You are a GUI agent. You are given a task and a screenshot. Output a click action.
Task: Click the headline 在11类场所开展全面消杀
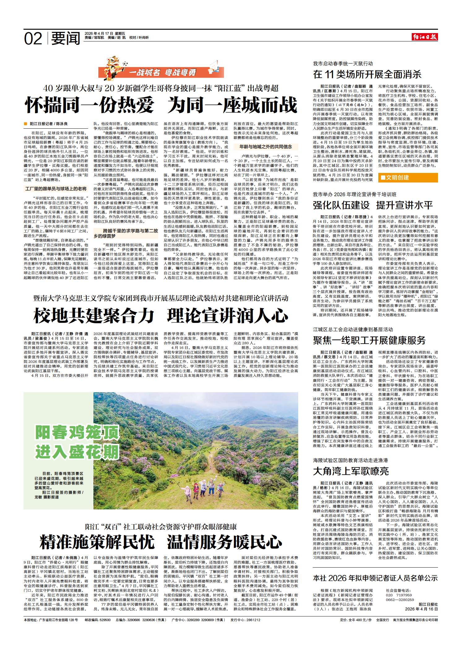367,74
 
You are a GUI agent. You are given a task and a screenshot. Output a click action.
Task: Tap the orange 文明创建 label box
408,177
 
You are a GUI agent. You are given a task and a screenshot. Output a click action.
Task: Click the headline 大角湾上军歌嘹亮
351,471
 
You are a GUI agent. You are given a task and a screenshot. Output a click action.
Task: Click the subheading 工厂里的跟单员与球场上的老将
56,188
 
